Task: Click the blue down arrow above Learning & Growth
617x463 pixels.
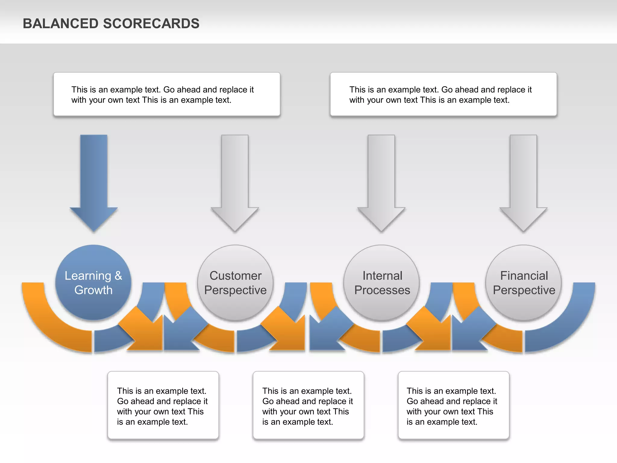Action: pyautogui.click(x=94, y=181)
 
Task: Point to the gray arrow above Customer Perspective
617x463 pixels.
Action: pyautogui.click(x=235, y=181)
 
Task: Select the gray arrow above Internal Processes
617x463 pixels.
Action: pyautogui.click(x=381, y=181)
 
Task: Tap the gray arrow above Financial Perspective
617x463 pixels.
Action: pyautogui.click(x=523, y=181)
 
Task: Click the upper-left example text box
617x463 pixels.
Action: pyautogui.click(x=167, y=94)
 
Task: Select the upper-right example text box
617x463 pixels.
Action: pyautogui.click(x=443, y=94)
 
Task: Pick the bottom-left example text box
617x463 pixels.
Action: pyautogui.click(x=163, y=405)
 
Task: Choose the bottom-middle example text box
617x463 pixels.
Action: pyautogui.click(x=308, y=405)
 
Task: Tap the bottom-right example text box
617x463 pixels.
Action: pyautogui.click(x=453, y=405)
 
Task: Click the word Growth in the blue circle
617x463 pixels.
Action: pyautogui.click(x=93, y=290)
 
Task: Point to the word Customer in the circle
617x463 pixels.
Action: pyautogui.click(x=236, y=276)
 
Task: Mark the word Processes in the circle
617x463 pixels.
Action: pyautogui.click(x=382, y=290)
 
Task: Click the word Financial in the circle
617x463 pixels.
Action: pyautogui.click(x=524, y=276)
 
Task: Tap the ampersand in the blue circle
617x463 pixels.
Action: pyautogui.click(x=118, y=276)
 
